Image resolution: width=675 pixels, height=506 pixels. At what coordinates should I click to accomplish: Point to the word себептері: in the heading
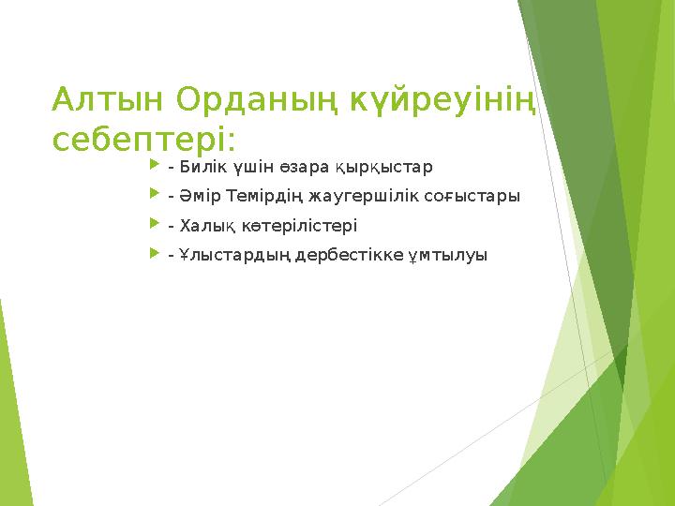[x=145, y=139]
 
